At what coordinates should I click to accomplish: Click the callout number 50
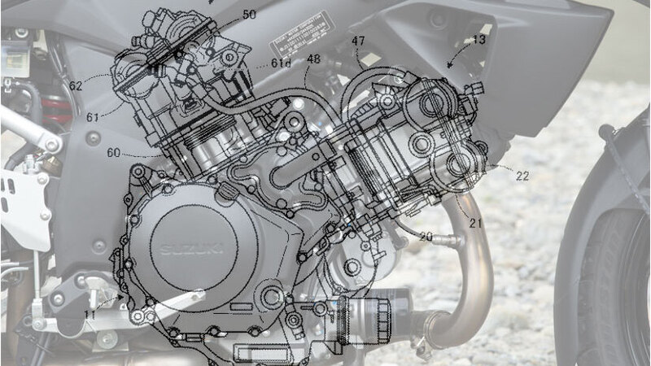click(249, 15)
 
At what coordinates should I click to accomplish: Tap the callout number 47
click(358, 41)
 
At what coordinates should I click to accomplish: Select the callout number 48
click(314, 59)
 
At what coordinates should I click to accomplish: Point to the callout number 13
click(479, 39)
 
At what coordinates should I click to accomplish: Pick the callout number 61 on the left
click(93, 117)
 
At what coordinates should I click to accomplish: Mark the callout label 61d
click(281, 63)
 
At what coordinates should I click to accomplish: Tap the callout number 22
click(522, 176)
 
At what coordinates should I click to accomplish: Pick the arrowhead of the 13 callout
click(450, 63)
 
